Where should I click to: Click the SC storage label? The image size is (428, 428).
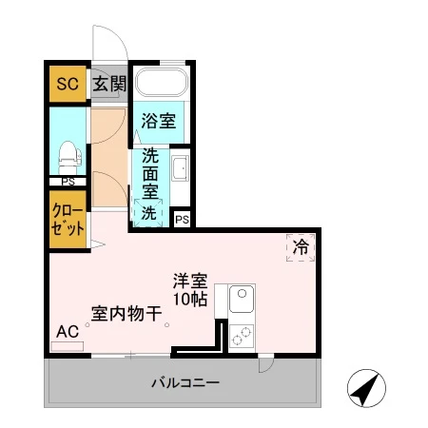67,83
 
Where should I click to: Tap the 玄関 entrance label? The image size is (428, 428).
109,84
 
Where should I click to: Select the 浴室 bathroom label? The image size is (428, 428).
158,121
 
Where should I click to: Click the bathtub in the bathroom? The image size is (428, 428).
159,82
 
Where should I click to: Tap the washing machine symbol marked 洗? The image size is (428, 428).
149,213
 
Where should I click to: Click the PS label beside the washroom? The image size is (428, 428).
183,220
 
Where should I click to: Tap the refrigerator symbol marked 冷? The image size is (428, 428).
300,247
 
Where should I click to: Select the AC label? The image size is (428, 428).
66,332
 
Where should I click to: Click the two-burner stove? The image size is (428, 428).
242,335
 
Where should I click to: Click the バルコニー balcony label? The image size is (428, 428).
186,383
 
